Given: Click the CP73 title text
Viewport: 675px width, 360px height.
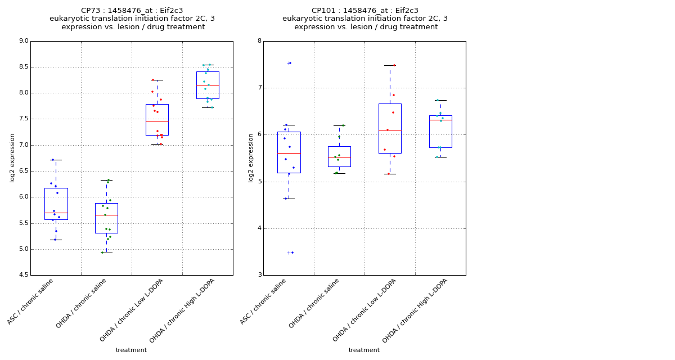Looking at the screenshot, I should coord(132,11).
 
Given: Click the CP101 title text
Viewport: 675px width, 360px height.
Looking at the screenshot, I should coord(365,11).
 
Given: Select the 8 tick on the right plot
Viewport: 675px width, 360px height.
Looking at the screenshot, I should coord(259,41).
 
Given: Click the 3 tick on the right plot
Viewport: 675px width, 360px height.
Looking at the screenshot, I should coord(259,275).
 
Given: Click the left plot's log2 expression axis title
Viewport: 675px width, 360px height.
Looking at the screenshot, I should coord(12,157).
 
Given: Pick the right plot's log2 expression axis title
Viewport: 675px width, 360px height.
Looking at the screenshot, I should coord(251,157).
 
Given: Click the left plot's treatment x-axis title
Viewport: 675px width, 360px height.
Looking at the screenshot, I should coord(131,350).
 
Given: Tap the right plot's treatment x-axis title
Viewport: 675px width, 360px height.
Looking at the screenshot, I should coord(364,350).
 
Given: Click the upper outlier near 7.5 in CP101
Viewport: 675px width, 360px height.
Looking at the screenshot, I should coord(289,63).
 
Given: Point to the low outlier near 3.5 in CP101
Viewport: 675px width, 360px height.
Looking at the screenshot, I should coord(289,253).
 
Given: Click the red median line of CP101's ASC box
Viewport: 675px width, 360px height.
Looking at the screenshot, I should coord(289,153).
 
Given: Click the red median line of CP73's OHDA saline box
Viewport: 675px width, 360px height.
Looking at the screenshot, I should coord(106,215).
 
